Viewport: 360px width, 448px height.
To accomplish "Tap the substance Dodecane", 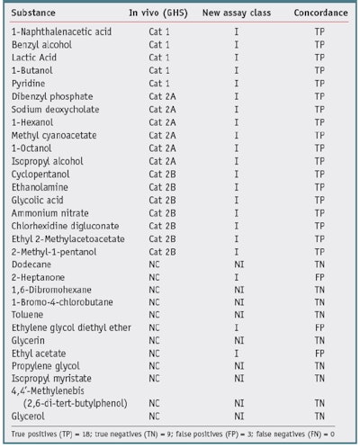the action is [33, 264].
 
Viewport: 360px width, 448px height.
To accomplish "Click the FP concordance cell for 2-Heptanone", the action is [319, 277].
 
